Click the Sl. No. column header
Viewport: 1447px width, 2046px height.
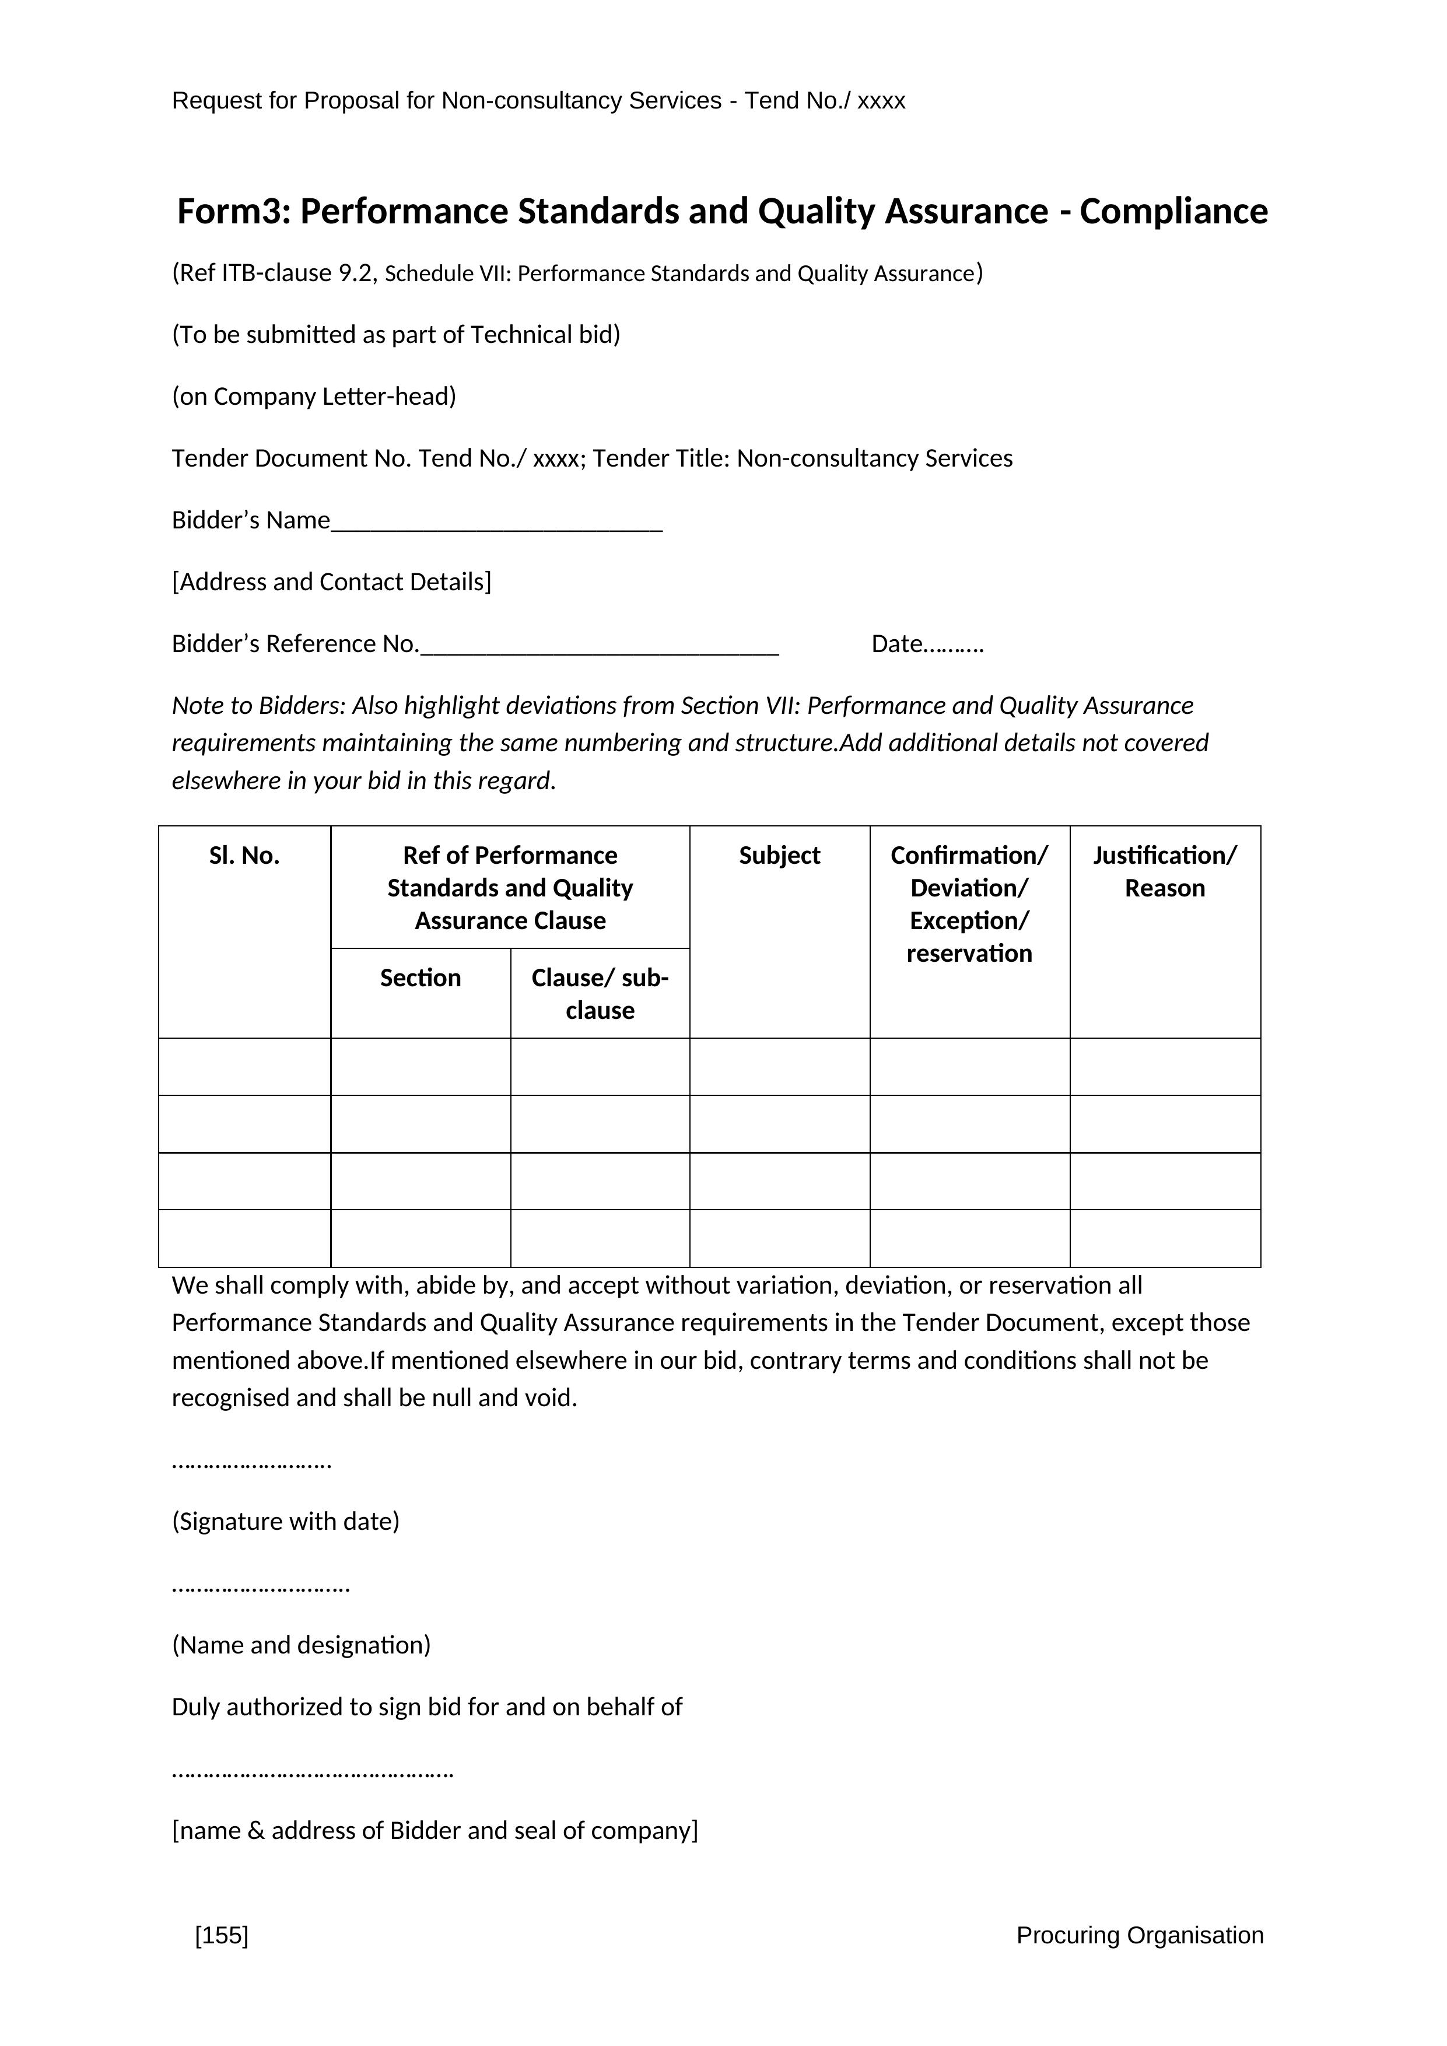click(244, 856)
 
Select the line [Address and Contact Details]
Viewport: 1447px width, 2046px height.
click(331, 582)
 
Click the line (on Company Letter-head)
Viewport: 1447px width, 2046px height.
click(314, 397)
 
